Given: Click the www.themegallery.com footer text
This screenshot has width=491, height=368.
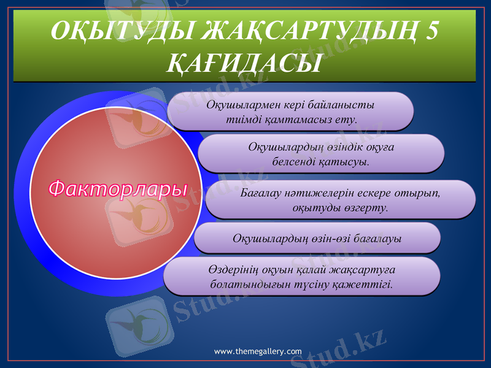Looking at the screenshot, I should [258, 351].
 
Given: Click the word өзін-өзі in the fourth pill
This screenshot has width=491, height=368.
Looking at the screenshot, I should [331, 238].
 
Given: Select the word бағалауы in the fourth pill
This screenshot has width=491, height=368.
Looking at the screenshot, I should [377, 238].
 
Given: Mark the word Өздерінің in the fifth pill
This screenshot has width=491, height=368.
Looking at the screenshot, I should [233, 270].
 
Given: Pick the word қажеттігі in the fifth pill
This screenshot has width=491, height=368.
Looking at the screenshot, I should [363, 284].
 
